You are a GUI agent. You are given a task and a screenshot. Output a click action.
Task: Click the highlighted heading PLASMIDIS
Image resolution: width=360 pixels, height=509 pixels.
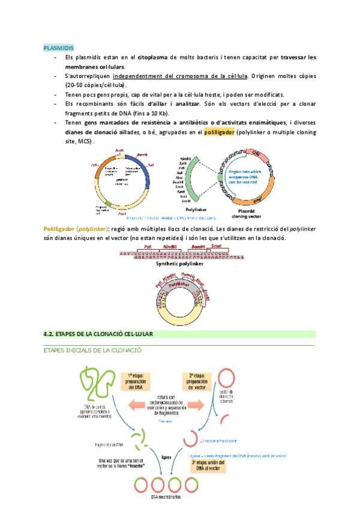(x=59, y=48)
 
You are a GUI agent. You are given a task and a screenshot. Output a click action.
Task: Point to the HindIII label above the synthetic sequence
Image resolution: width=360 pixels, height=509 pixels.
(x=170, y=247)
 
